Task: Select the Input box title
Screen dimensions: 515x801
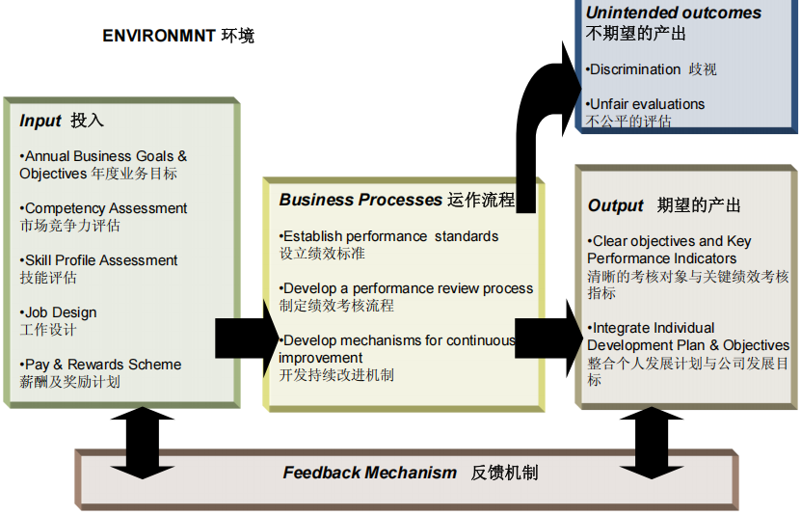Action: (x=61, y=121)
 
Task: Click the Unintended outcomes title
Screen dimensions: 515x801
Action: (x=673, y=14)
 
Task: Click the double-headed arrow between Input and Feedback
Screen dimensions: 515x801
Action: (x=143, y=442)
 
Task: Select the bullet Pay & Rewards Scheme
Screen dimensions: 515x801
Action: (x=100, y=365)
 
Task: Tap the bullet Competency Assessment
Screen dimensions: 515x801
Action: (x=103, y=208)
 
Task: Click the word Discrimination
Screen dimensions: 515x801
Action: (x=635, y=69)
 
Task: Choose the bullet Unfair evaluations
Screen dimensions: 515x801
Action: (x=645, y=104)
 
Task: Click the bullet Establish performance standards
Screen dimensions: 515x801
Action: (x=389, y=236)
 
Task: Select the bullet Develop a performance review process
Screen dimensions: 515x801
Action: (x=406, y=288)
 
